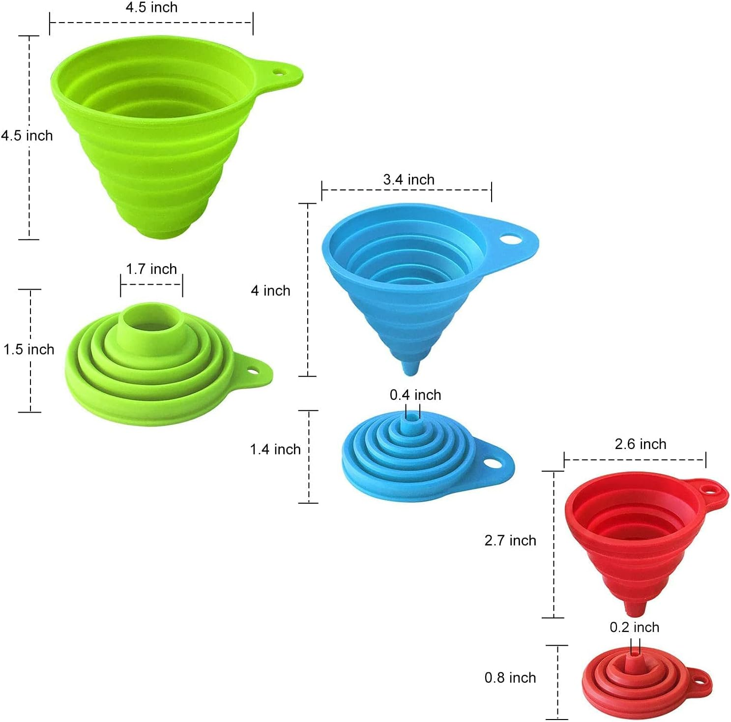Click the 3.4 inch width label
(x=409, y=180)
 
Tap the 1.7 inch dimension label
(x=151, y=269)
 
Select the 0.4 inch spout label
(x=415, y=395)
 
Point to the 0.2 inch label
(x=634, y=627)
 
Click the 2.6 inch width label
(x=640, y=444)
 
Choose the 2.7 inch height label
(x=510, y=541)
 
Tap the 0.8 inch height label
(x=510, y=678)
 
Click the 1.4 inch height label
(x=275, y=449)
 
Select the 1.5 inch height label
(x=29, y=349)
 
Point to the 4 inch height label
(x=270, y=291)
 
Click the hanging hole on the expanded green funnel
(x=280, y=72)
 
